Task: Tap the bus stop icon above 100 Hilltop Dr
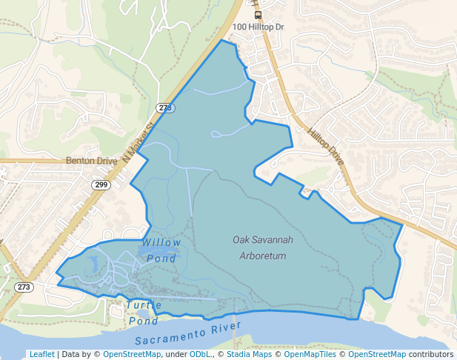click(x=258, y=15)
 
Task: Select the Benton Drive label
click(x=92, y=160)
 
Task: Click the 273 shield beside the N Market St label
click(x=165, y=108)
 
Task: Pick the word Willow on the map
click(x=161, y=243)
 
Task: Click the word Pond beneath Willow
click(x=161, y=258)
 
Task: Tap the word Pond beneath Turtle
click(x=143, y=321)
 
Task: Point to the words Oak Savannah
click(x=263, y=240)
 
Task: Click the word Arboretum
click(x=263, y=256)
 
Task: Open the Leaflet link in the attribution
click(x=41, y=354)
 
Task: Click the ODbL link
click(x=200, y=354)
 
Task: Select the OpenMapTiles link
click(x=317, y=354)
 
